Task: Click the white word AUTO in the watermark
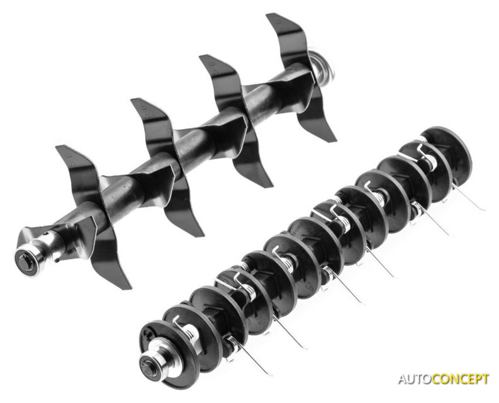click(x=416, y=379)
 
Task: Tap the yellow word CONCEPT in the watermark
click(x=461, y=379)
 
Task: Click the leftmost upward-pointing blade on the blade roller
click(x=78, y=172)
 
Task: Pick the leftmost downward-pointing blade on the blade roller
click(x=108, y=255)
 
